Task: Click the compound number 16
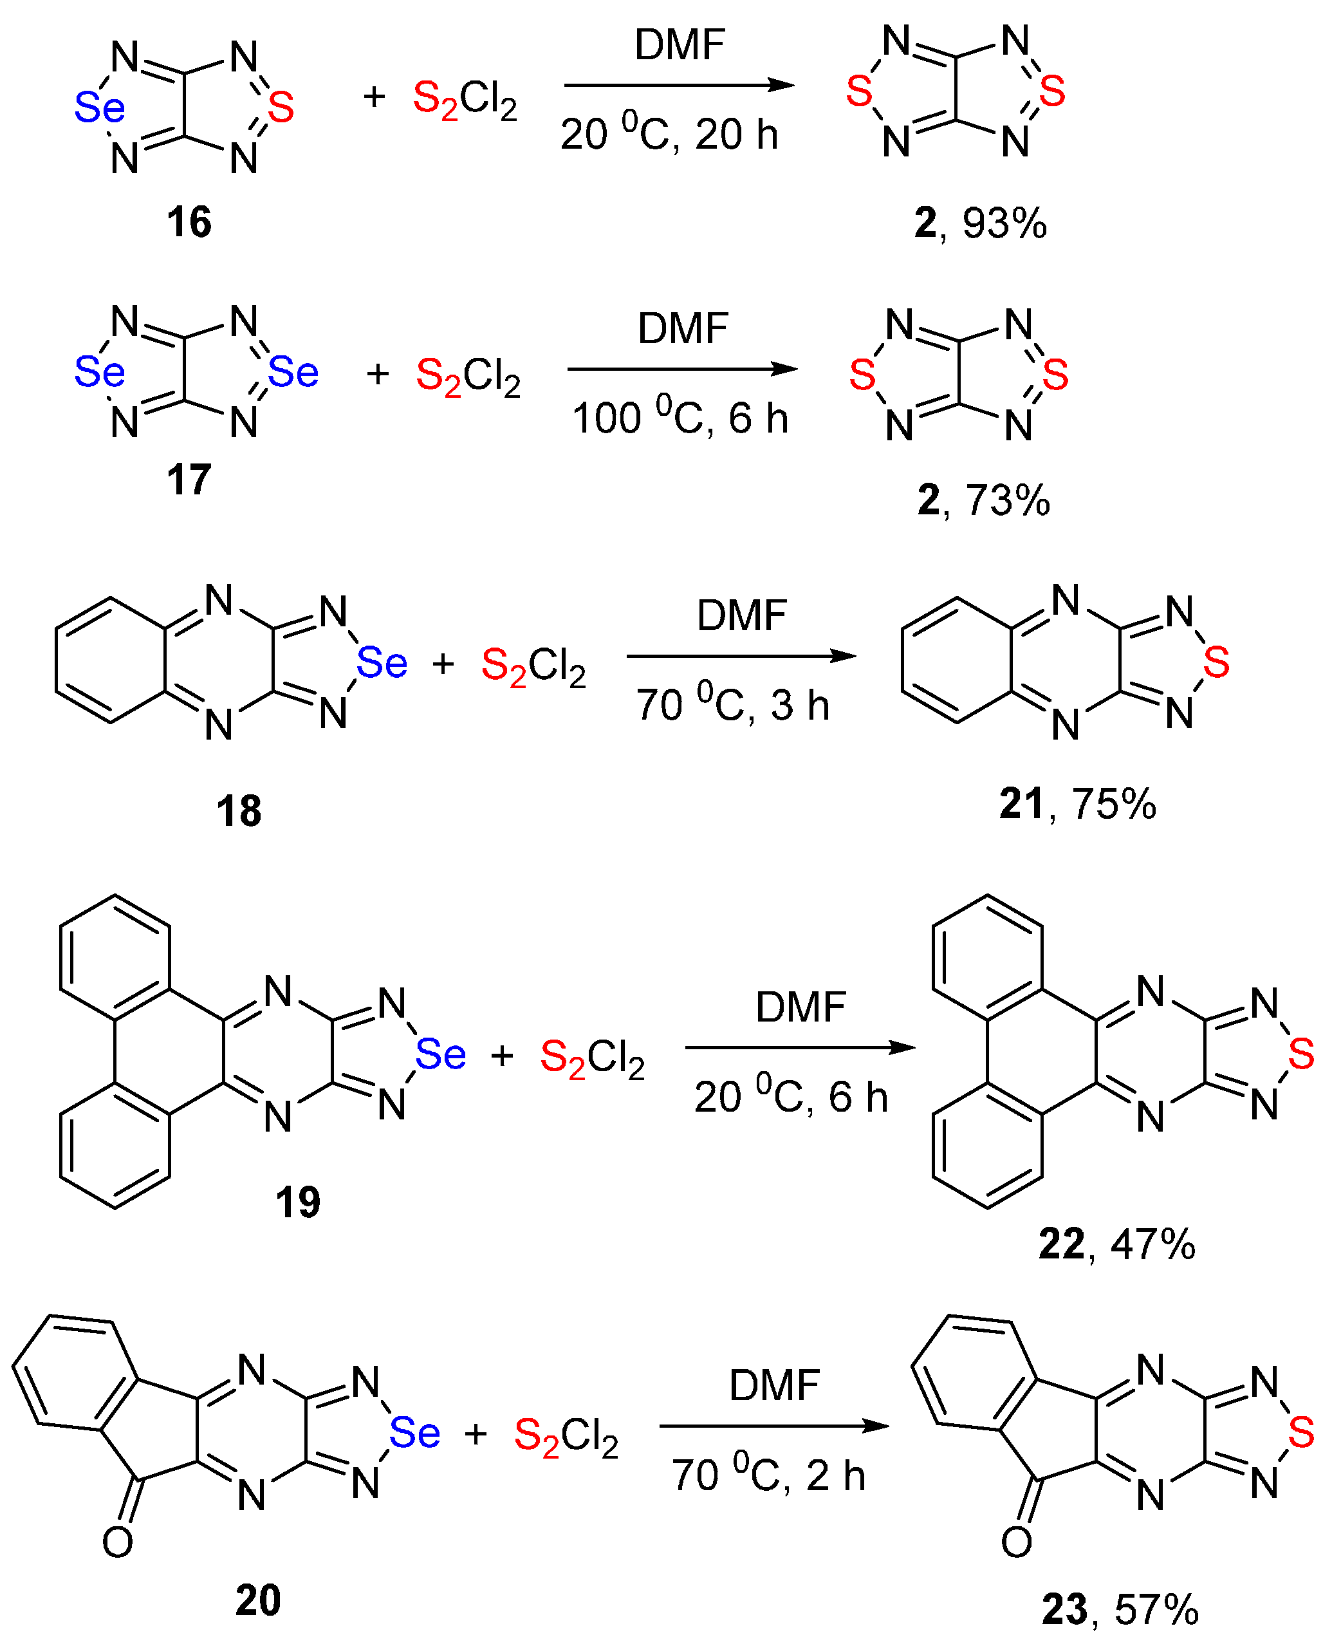[x=189, y=223]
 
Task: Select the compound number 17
[x=189, y=480]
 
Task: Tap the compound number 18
[x=239, y=811]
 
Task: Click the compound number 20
[x=257, y=1600]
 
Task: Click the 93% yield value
[x=1004, y=223]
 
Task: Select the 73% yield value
[x=1008, y=501]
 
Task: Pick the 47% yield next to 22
[x=1153, y=1245]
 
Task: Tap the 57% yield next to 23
[x=1156, y=1610]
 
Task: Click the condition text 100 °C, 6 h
[x=680, y=418]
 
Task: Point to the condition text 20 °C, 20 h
[x=669, y=134]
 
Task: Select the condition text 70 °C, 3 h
[x=732, y=704]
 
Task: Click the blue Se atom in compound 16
[x=99, y=107]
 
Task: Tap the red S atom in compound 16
[x=281, y=107]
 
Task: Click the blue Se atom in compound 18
[x=382, y=663]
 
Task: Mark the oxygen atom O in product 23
[x=1016, y=1543]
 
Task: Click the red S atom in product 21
[x=1216, y=662]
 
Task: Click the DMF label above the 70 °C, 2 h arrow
[x=773, y=1385]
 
